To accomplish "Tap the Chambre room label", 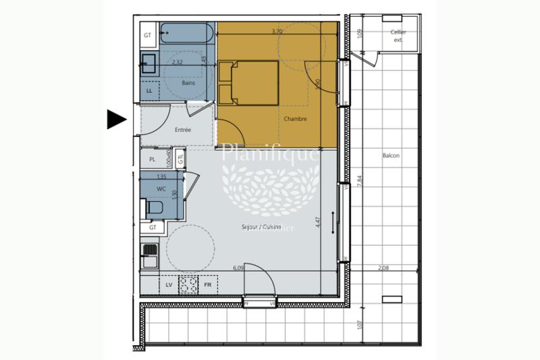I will (x=296, y=119).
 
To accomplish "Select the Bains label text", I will (x=188, y=83).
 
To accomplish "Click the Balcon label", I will (x=391, y=156).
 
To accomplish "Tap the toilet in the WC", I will (x=155, y=206).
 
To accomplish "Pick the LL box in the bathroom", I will (x=149, y=90).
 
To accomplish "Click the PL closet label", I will (x=153, y=159).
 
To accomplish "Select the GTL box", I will (x=180, y=159).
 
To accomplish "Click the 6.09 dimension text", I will (x=238, y=268).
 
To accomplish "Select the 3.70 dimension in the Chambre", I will (x=277, y=31).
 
